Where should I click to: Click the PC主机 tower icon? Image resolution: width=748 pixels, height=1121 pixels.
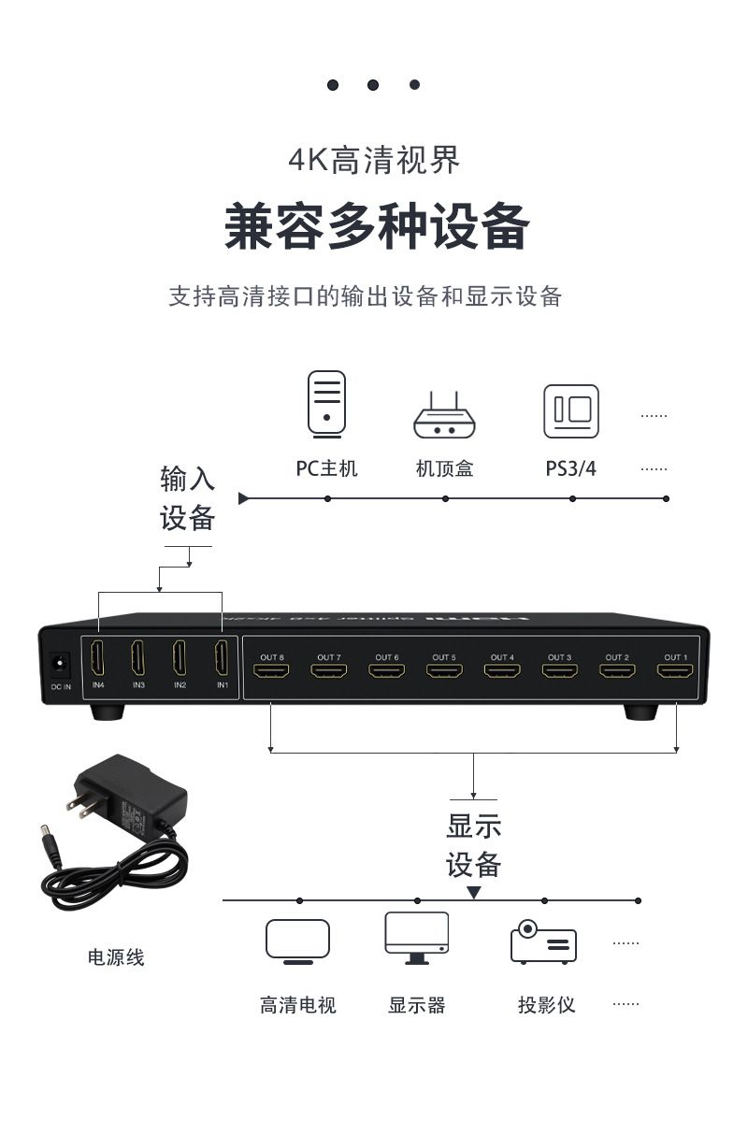(326, 403)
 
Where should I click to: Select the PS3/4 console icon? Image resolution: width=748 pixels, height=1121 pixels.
(571, 411)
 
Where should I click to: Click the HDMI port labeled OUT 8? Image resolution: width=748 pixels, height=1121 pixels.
(271, 671)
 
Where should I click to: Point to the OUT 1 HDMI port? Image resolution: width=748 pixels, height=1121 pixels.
(673, 671)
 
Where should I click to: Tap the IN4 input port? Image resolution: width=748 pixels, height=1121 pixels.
(97, 659)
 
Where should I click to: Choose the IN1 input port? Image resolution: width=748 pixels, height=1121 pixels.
(222, 659)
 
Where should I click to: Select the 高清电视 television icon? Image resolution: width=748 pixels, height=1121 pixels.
(297, 941)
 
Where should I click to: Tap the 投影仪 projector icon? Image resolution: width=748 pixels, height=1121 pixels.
(543, 942)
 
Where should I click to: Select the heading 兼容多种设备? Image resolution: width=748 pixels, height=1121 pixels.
(377, 227)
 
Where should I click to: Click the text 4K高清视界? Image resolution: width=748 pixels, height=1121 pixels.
(374, 161)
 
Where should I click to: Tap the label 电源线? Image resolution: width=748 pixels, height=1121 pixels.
(116, 957)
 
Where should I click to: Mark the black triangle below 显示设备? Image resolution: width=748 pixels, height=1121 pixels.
(474, 893)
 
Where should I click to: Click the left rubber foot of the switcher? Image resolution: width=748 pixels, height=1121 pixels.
(108, 712)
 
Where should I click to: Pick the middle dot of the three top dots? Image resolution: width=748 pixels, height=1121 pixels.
(373, 85)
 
